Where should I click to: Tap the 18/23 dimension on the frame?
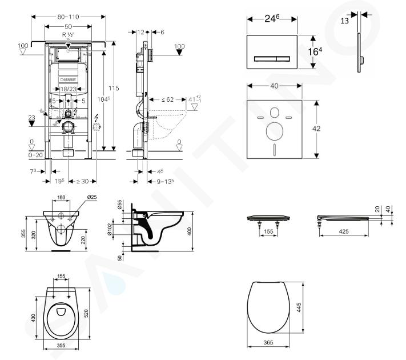68,89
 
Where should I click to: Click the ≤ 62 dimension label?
167,99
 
